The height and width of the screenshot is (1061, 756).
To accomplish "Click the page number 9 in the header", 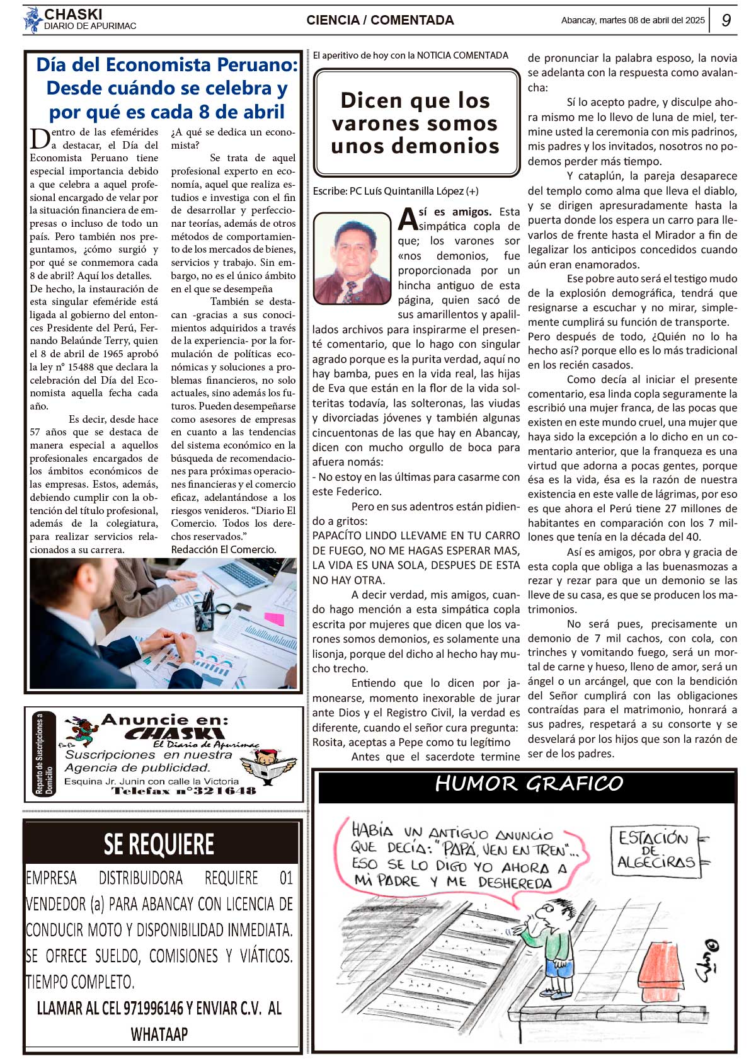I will coord(726,20).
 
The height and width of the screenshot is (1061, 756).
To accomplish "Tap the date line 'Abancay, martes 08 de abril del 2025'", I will coord(633,20).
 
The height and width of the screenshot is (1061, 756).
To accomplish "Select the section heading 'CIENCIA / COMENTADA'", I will coord(380,20).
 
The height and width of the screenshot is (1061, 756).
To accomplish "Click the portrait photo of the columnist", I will coord(352,258).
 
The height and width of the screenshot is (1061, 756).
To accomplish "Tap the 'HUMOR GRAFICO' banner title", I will coord(529,784).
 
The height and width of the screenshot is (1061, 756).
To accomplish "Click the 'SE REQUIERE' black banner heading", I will coord(159,844).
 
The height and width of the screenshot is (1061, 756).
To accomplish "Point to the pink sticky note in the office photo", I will coord(275,619).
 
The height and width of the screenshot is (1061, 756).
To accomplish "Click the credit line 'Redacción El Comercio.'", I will coord(223,549).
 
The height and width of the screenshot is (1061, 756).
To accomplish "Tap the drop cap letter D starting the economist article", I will coord(39,138).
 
